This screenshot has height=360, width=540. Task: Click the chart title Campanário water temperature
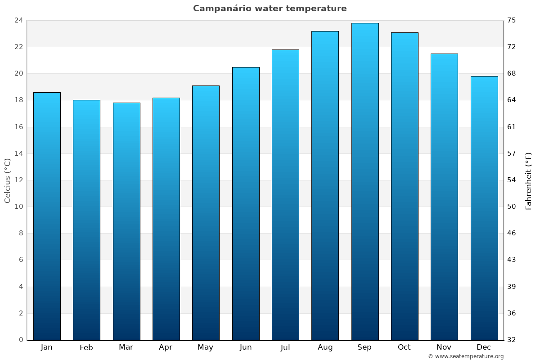click(270, 9)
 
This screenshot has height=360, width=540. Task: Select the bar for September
click(365, 181)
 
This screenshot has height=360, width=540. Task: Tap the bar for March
click(126, 221)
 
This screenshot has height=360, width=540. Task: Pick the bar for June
click(246, 203)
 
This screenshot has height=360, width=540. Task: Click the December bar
click(484, 208)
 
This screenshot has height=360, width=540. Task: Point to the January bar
click(47, 216)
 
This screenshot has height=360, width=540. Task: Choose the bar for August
click(325, 185)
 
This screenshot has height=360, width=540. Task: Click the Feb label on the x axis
click(86, 347)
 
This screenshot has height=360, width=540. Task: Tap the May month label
click(206, 347)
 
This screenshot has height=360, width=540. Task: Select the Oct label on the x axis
click(404, 347)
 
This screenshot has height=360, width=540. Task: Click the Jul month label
click(285, 347)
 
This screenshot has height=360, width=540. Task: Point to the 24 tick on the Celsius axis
click(19, 20)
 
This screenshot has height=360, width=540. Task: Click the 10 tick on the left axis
click(19, 207)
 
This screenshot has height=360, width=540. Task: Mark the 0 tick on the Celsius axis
click(21, 340)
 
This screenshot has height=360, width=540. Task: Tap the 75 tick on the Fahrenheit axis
click(512, 20)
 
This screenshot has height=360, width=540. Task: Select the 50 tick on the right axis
click(512, 207)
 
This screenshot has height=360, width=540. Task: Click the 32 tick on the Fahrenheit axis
click(512, 340)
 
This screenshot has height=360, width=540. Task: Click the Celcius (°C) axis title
click(8, 180)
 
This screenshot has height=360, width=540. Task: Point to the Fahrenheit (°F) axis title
click(529, 180)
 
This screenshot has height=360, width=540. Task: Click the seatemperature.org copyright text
click(466, 356)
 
